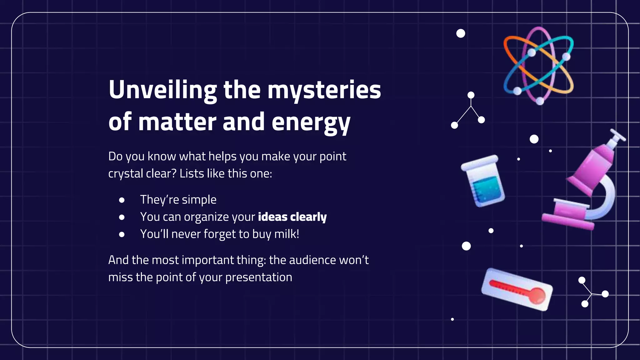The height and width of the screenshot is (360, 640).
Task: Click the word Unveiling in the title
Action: [x=162, y=90]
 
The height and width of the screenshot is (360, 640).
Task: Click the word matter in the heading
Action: [x=177, y=122]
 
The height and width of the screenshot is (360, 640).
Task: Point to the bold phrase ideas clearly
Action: [x=292, y=217]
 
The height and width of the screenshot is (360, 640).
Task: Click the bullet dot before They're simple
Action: [x=122, y=200]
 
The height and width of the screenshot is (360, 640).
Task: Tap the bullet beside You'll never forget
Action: [x=122, y=234]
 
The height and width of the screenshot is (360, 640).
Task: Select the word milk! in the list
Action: [x=287, y=234]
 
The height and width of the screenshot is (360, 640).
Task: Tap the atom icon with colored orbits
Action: [x=538, y=66]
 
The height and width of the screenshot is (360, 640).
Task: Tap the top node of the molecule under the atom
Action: [x=471, y=95]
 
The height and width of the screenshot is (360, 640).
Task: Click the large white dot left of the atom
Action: [x=461, y=33]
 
